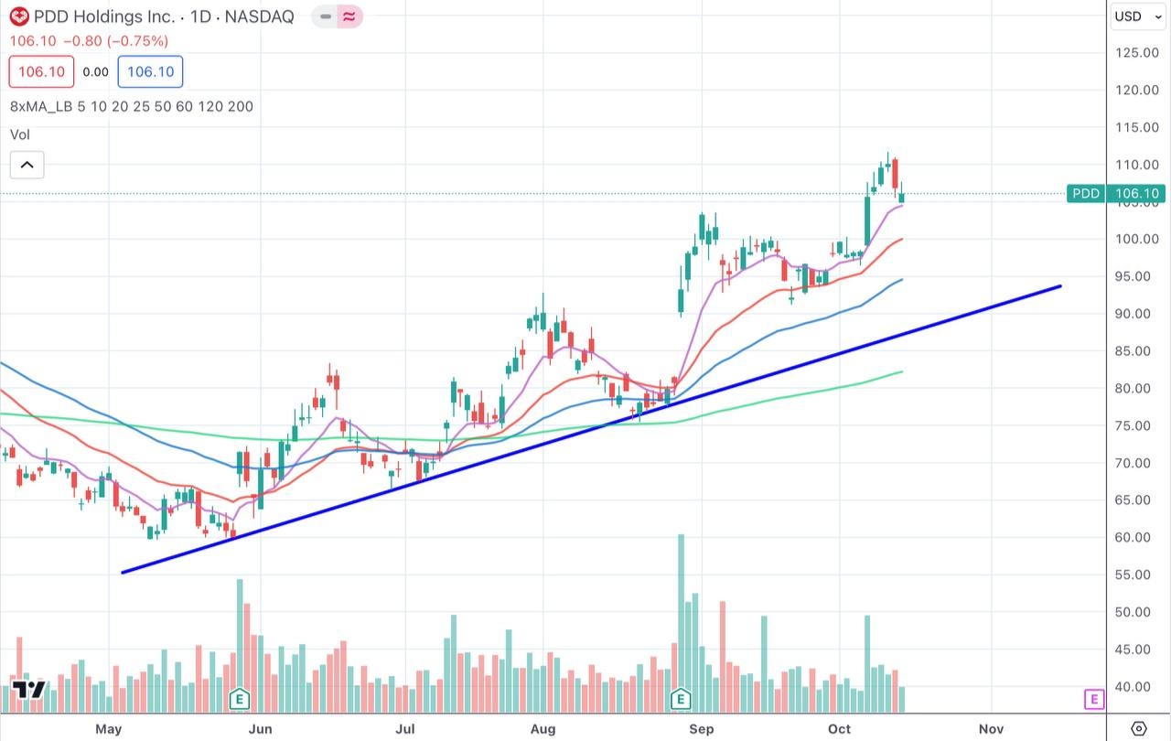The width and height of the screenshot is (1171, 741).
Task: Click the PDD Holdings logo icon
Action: [x=19, y=16]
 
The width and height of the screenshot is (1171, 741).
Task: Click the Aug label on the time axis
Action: [x=543, y=728]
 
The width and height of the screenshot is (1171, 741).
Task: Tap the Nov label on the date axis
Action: [x=990, y=728]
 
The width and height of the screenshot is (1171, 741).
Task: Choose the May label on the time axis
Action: [x=108, y=728]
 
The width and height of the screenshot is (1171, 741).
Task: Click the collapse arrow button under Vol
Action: [x=27, y=165]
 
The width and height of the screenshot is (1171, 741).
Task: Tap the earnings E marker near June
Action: [x=239, y=700]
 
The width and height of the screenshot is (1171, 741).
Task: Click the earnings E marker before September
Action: [x=681, y=700]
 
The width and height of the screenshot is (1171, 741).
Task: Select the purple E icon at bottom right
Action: [x=1093, y=700]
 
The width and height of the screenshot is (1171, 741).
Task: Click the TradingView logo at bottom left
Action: [x=29, y=691]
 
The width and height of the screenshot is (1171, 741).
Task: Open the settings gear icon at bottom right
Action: [x=1138, y=728]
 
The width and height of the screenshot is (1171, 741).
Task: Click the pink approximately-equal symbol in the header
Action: [x=349, y=16]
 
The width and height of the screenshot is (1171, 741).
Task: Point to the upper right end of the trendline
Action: [x=1059, y=286]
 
